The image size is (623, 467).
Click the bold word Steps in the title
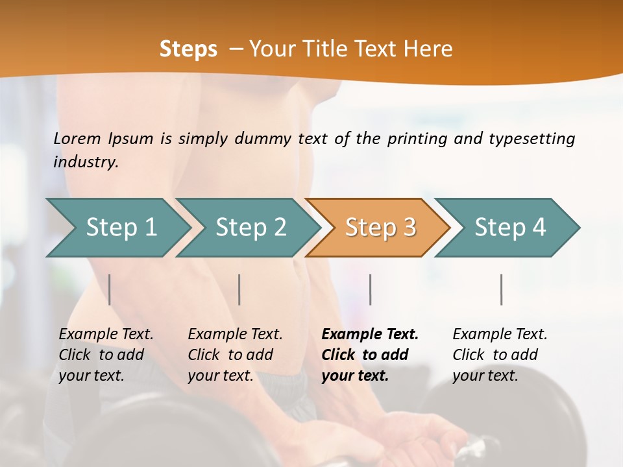(x=188, y=49)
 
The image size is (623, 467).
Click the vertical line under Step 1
(x=110, y=289)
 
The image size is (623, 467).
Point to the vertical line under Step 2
(x=239, y=289)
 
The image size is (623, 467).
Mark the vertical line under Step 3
(x=370, y=289)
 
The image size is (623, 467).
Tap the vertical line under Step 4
(x=501, y=289)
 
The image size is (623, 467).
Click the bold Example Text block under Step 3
(x=370, y=355)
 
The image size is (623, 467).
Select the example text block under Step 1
(x=106, y=355)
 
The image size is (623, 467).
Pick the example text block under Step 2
(x=235, y=355)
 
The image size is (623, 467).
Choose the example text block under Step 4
(x=500, y=355)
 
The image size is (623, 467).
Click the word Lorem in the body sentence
(x=77, y=138)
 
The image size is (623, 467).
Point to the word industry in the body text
(x=85, y=162)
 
